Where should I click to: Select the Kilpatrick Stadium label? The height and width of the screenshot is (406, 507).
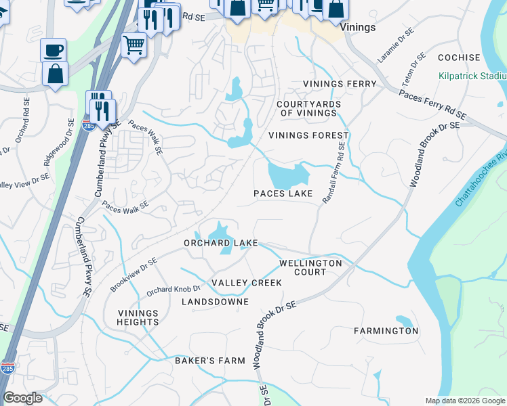coord(473,76)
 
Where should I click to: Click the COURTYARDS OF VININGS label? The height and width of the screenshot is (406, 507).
coord(306,108)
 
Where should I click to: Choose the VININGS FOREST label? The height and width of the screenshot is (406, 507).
coord(308,135)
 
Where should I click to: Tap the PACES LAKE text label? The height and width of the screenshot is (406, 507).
coord(283,194)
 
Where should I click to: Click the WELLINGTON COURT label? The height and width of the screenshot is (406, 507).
coord(311,267)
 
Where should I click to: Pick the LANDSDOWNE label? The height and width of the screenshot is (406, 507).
coord(215,302)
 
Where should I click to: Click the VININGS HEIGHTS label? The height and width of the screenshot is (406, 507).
coord(138,317)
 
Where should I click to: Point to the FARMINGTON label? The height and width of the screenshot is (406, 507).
coord(386,331)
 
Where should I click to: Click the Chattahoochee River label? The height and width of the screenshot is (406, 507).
coord(482,179)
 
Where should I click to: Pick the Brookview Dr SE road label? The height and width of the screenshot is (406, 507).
coord(134,275)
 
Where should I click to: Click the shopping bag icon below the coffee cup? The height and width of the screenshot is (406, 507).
coord(55,73)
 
